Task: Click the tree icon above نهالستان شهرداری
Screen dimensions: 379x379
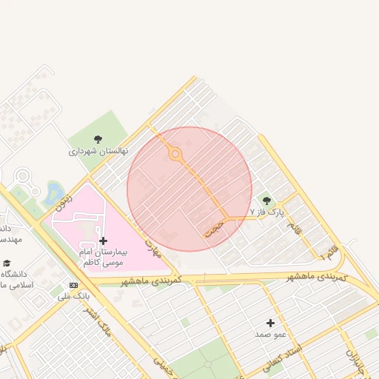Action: [x=98, y=138]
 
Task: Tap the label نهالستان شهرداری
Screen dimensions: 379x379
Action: [x=98, y=151]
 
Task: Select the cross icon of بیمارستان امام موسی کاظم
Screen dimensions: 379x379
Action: [x=102, y=241]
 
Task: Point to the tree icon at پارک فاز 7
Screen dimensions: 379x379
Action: [x=266, y=201]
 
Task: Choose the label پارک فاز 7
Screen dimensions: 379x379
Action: [x=266, y=212]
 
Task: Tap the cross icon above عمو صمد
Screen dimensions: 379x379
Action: [x=270, y=323]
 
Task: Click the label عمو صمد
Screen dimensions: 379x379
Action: [x=270, y=335]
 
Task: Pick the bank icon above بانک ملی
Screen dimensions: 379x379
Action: [x=73, y=285]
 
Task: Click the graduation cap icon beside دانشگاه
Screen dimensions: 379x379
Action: [x=7, y=264]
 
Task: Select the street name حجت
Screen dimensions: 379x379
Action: [x=214, y=228]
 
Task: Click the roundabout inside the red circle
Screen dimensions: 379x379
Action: [x=175, y=155]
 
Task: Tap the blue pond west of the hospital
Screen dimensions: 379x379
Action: [x=54, y=194]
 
